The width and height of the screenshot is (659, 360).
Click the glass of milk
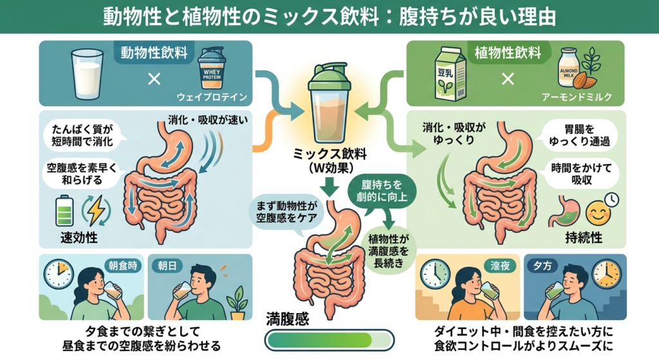coord(88,74)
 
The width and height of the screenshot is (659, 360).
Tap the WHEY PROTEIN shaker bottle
coord(212,68)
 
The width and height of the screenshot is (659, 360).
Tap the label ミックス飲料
coord(329,153)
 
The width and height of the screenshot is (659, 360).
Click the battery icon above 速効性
coord(64,211)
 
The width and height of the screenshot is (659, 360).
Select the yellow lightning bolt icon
coord(97,211)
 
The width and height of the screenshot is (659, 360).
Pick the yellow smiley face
coord(598,213)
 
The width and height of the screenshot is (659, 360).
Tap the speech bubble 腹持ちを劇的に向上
coord(382,191)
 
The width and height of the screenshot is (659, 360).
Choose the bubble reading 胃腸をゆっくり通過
coord(579,135)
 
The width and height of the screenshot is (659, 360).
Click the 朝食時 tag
coord(123,266)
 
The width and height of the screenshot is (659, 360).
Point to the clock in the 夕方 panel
coord(606,274)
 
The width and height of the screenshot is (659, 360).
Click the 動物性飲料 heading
coord(154,53)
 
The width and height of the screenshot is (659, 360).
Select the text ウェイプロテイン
coord(212,97)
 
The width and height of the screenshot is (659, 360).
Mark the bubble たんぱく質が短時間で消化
coord(82,135)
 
